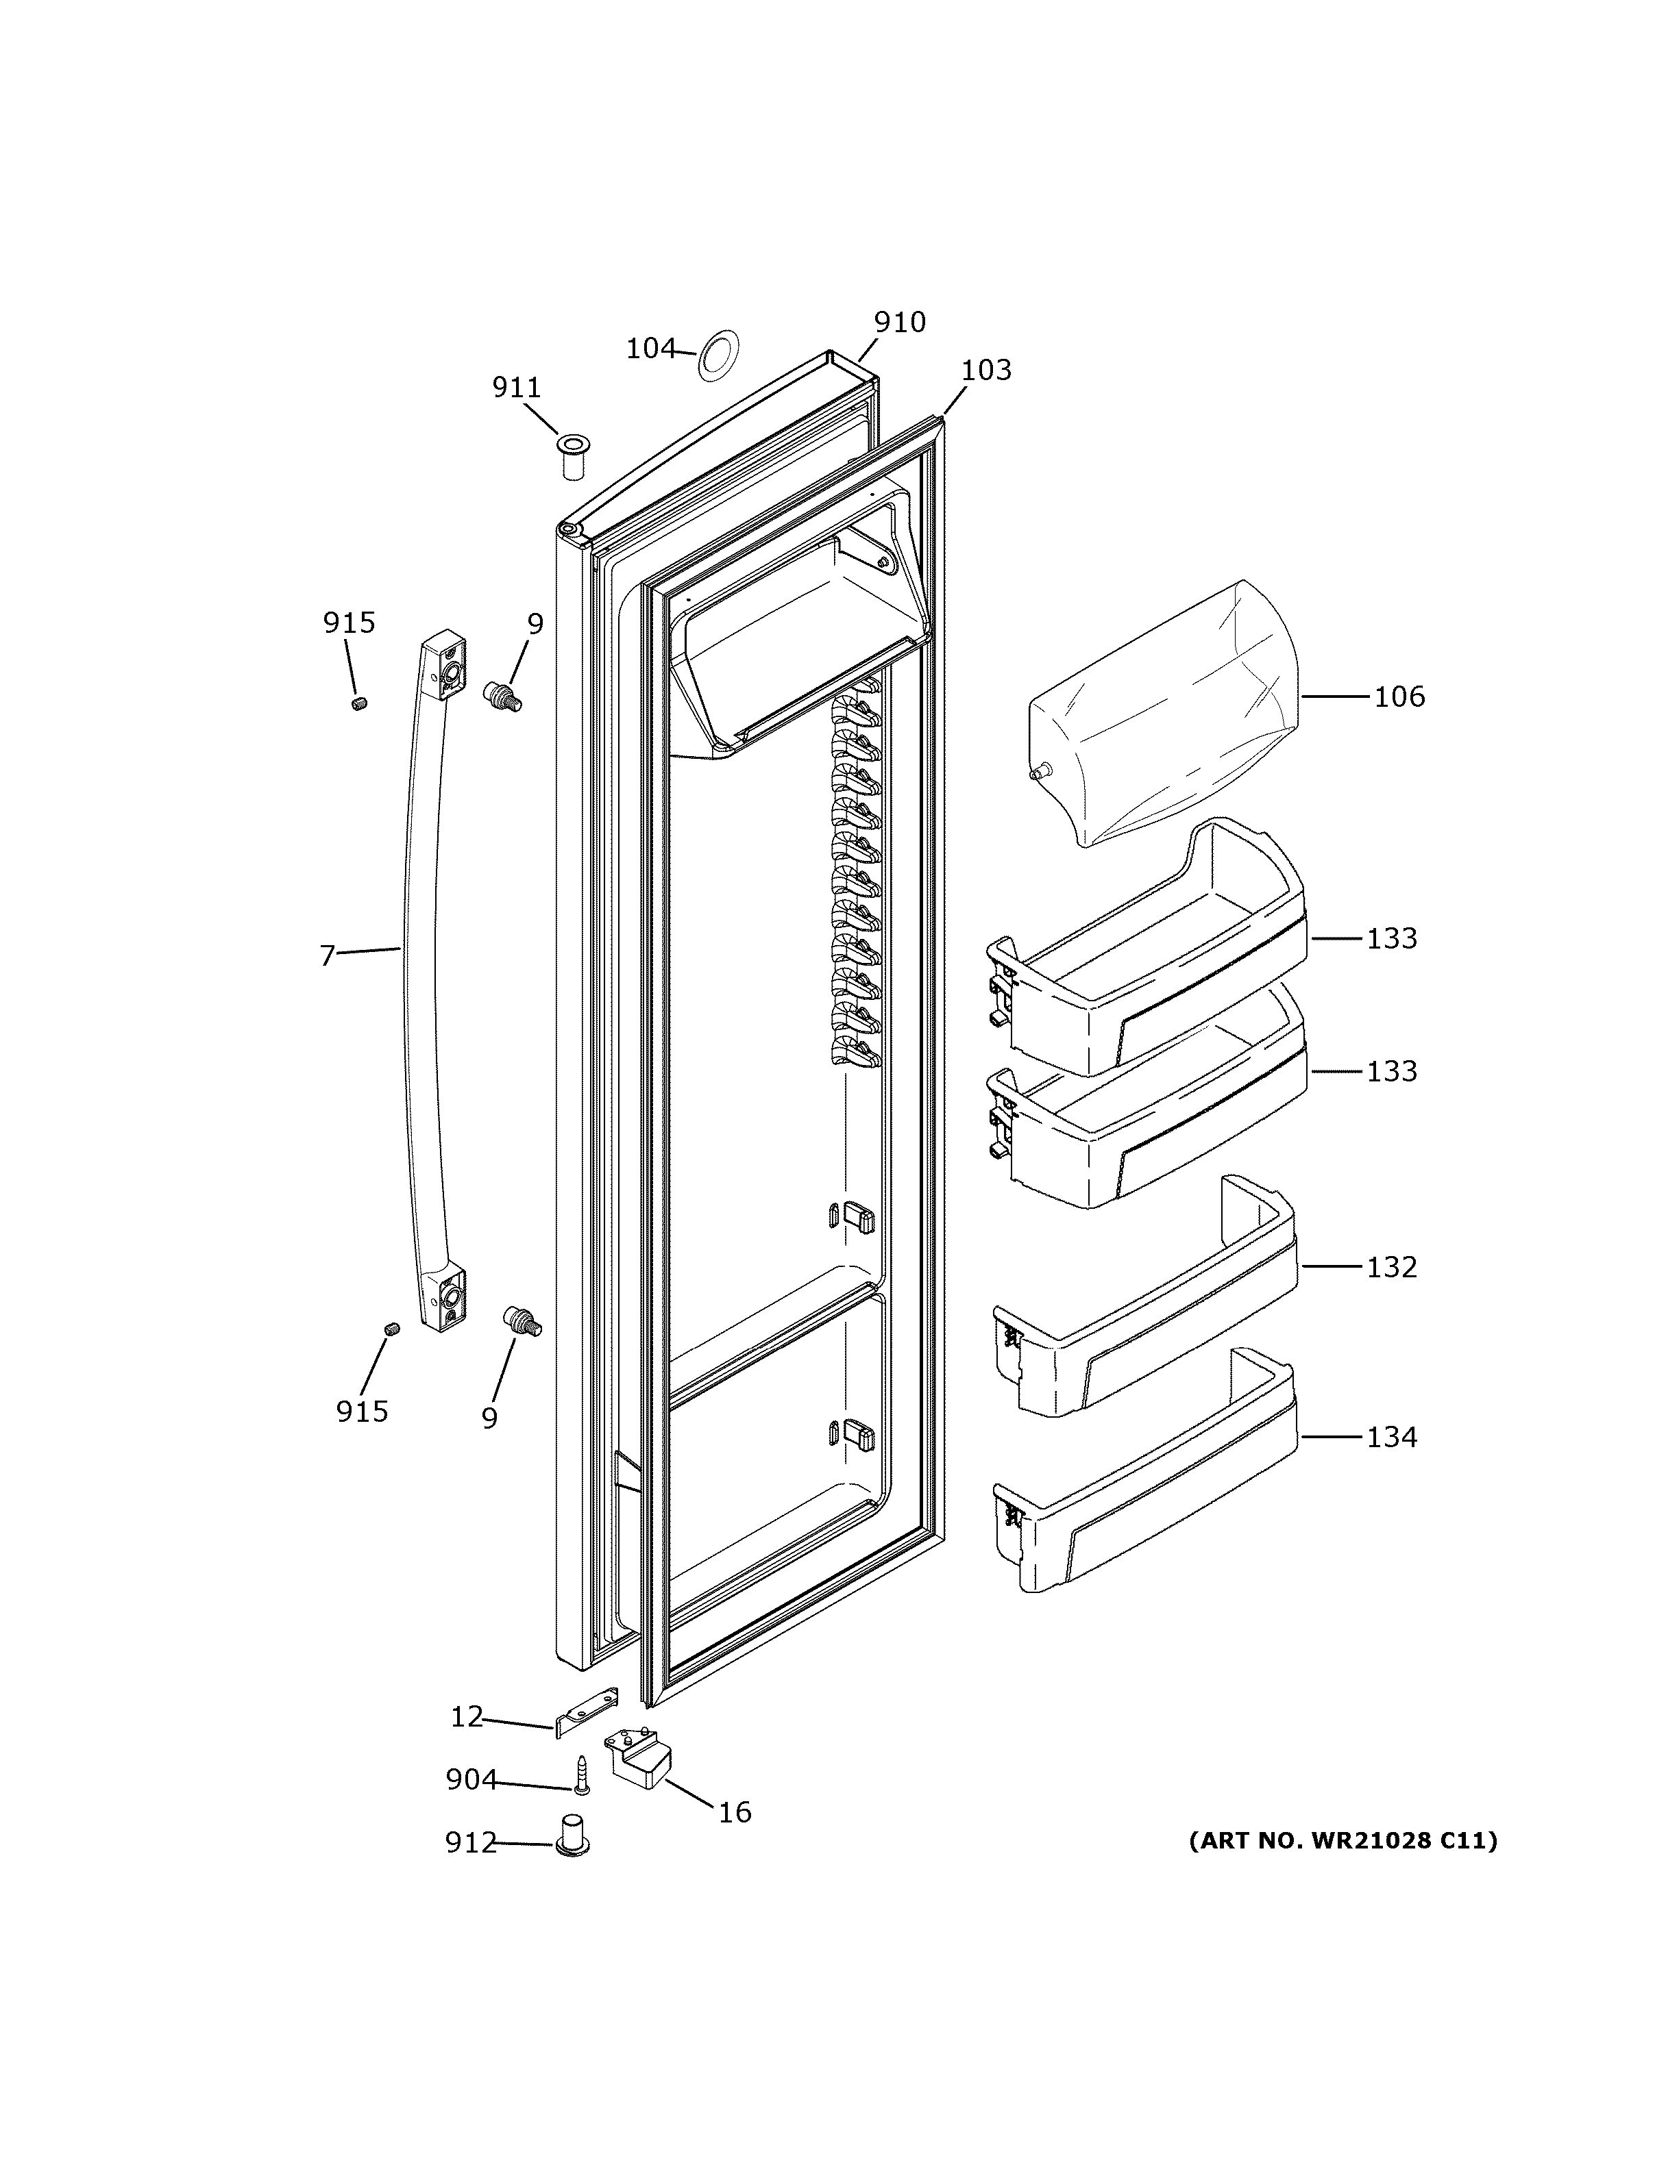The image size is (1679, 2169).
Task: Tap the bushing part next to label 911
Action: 572,456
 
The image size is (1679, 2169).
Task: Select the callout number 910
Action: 899,322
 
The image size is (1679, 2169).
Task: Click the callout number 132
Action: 1391,1267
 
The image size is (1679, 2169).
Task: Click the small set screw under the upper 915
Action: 360,703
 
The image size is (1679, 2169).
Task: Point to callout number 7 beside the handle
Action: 328,955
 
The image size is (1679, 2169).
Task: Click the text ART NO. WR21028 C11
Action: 1343,1840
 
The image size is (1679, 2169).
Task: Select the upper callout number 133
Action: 1391,938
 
